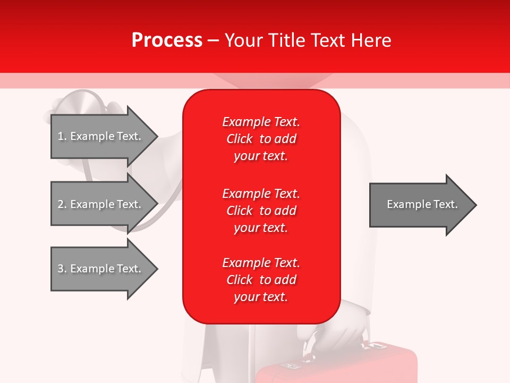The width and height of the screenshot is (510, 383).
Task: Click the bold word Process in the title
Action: pos(167,40)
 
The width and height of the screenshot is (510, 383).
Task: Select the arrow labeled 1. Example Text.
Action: pos(101,136)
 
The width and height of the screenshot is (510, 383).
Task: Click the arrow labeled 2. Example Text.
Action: pos(101,204)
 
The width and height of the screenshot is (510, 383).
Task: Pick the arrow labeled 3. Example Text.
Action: pos(101,269)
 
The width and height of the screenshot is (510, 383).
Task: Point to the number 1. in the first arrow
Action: pos(62,136)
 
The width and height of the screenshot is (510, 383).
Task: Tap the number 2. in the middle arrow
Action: pos(62,204)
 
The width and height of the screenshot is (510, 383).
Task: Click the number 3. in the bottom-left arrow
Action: pos(62,269)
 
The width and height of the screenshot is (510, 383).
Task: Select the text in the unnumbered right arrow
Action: pos(422,204)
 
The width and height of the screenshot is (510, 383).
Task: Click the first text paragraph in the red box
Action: pos(261,139)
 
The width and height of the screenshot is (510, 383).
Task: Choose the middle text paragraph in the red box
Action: pos(261,210)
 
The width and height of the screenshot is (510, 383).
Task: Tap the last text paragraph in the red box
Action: pos(261,280)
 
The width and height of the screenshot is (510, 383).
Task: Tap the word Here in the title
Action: pos(370,40)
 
